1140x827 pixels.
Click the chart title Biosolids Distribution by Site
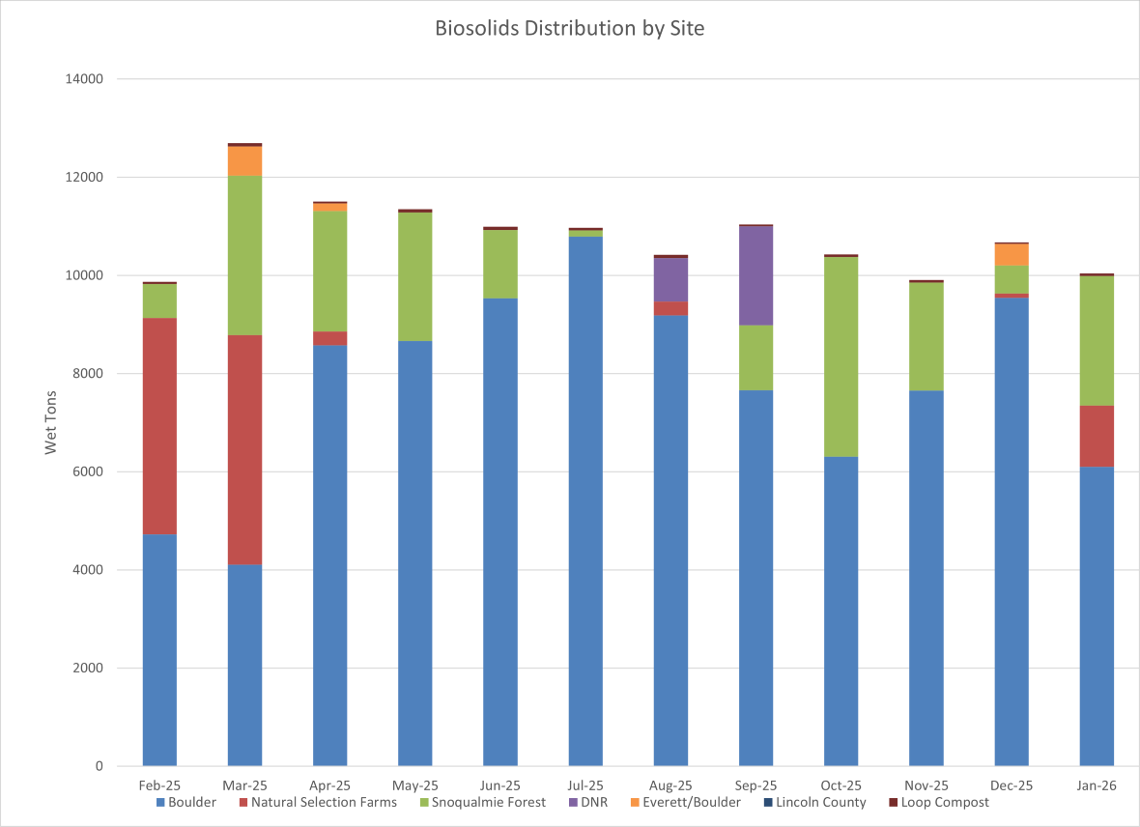pos(569,28)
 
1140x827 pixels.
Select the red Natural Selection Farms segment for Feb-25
pos(159,426)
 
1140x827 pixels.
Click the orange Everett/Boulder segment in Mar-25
pos(244,160)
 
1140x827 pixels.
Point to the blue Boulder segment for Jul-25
pos(585,501)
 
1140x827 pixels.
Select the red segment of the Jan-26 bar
pos(1097,436)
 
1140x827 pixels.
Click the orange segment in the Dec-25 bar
pos(1012,254)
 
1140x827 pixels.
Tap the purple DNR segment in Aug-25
pos(670,279)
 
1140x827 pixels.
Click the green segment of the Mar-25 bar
pos(244,255)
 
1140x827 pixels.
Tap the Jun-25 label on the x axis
pos(500,785)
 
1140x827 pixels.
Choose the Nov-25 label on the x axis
pos(926,785)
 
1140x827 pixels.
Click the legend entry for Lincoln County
pos(820,802)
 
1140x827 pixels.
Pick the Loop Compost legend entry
pos(944,802)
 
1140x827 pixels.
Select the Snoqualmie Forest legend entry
pos(488,802)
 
